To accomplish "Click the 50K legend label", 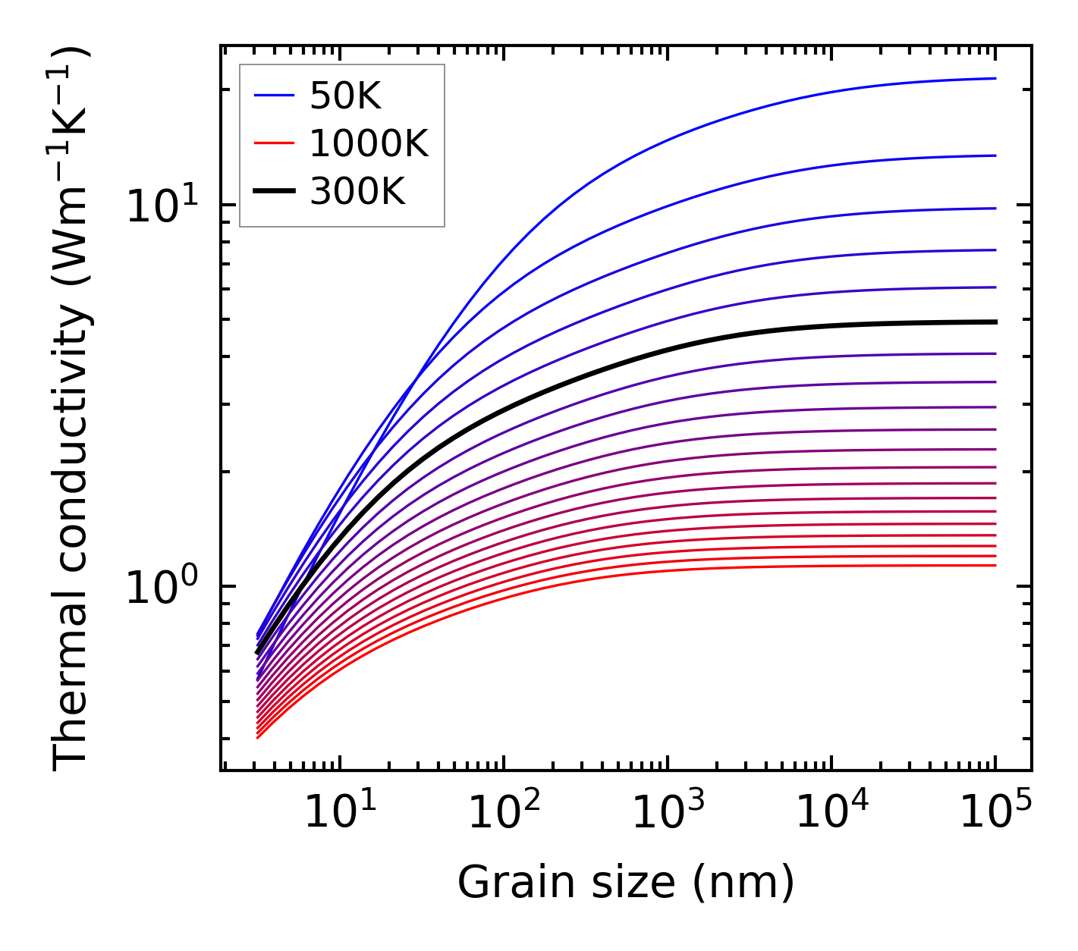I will click(x=345, y=96).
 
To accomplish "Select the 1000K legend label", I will click(x=369, y=144).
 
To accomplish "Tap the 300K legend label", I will click(x=357, y=192).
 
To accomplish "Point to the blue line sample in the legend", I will click(x=274, y=96).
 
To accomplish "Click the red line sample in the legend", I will click(x=274, y=143).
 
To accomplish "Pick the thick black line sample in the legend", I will click(x=274, y=191).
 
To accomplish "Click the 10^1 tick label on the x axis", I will click(x=339, y=812).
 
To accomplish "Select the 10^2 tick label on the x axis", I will click(x=504, y=812).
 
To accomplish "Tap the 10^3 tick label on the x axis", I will click(x=668, y=812).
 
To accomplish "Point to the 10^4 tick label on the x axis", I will click(x=831, y=812).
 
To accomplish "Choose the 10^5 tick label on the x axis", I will click(x=995, y=812).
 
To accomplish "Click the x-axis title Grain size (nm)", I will click(x=626, y=884).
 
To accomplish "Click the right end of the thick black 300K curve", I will click(x=994, y=322).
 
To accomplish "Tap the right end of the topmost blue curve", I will click(x=994, y=78).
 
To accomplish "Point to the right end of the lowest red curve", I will click(x=994, y=565).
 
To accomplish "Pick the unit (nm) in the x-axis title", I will click(x=743, y=884).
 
